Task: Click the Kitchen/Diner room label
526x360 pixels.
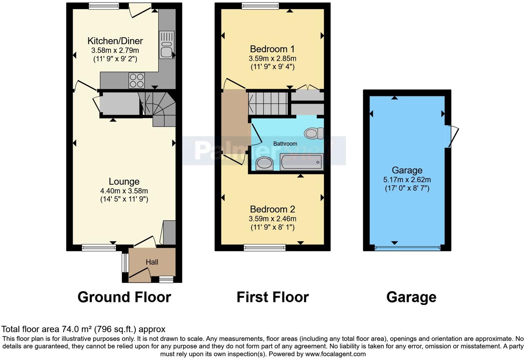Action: [x=115, y=41]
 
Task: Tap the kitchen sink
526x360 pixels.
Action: [x=166, y=45]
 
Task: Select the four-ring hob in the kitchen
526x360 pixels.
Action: [x=136, y=81]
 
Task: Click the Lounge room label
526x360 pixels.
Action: [x=124, y=182]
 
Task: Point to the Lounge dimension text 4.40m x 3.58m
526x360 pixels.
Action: [x=124, y=191]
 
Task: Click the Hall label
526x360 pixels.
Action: [x=152, y=262]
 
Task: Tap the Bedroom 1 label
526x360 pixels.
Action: [x=272, y=49]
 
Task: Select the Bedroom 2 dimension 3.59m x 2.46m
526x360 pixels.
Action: [x=272, y=219]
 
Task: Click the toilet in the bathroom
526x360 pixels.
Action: [x=314, y=133]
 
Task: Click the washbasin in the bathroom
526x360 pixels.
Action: [x=265, y=163]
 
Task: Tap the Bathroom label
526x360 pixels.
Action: [x=285, y=144]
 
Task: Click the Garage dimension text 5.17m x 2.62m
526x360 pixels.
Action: [x=407, y=180]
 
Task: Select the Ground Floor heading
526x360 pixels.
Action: [x=124, y=297]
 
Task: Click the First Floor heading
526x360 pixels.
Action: [x=273, y=297]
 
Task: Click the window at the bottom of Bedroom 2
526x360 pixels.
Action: [x=265, y=247]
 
